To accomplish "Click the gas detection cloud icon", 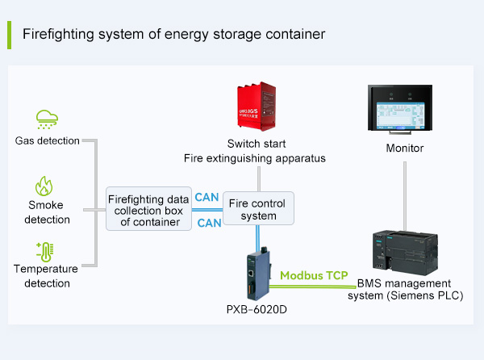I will coord(47,119).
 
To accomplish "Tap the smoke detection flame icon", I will coord(44,186).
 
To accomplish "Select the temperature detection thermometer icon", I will coord(44,251).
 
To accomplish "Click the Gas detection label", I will coord(48,141).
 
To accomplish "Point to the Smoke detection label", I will coord(47,212).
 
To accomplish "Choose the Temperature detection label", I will coord(47,276).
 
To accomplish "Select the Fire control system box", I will coord(258,208).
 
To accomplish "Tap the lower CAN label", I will coord(208,222).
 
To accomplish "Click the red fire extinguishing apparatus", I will coord(257,110).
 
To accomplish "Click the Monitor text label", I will coord(405,149).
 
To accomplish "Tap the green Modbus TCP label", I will coord(314,276).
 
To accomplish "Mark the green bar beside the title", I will coord(9,35).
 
